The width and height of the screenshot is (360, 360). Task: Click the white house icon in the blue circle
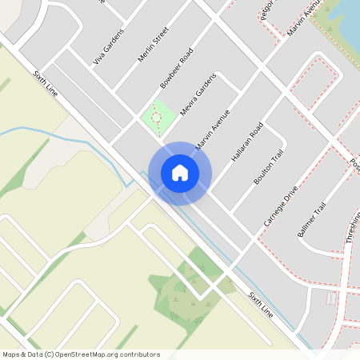[179, 173]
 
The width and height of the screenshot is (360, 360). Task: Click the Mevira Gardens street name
[198, 95]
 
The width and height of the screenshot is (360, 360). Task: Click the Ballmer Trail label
[311, 219]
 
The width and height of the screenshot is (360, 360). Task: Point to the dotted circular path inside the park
[156, 118]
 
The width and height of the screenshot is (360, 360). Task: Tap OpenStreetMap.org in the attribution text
[105, 354]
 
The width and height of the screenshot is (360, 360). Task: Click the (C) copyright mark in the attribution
[49, 354]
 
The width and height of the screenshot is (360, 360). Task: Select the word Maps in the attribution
[12, 354]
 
